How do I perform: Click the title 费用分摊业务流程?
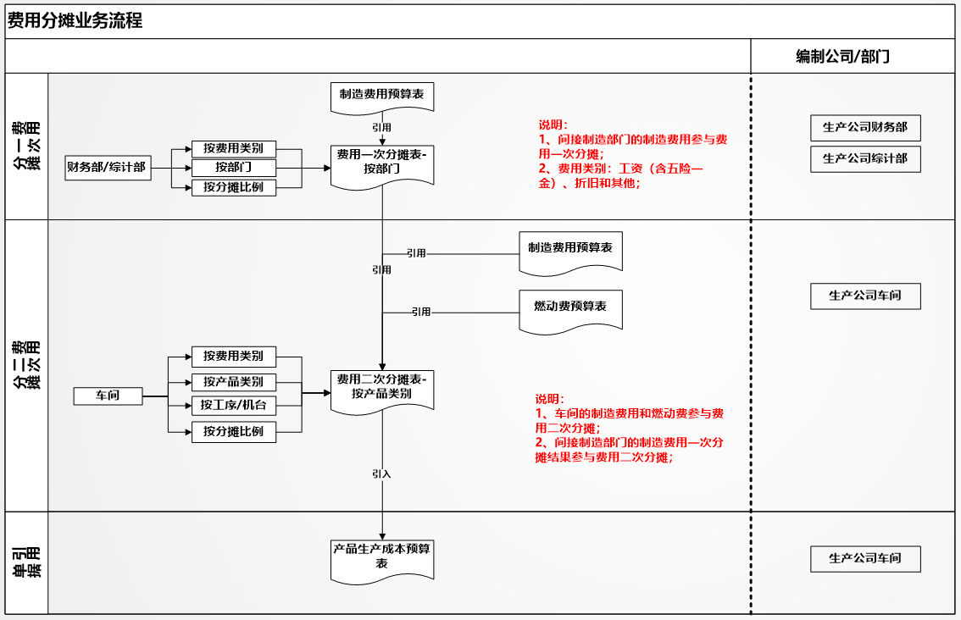[75, 21]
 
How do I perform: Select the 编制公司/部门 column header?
[842, 57]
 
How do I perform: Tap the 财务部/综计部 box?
[108, 167]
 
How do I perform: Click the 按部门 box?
[234, 167]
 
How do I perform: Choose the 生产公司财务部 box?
[865, 127]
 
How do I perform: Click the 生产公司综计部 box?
[865, 158]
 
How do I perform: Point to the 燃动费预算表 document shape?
[570, 312]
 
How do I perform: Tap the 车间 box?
[108, 396]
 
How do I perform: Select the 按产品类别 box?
[234, 382]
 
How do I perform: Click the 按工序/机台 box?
[234, 405]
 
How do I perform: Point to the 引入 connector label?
[381, 474]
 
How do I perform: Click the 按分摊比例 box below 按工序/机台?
[234, 432]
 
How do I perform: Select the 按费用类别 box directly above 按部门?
[234, 149]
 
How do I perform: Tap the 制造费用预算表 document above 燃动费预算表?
[570, 253]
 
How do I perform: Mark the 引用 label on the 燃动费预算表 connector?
[421, 312]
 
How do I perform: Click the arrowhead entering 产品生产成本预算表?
[382, 537]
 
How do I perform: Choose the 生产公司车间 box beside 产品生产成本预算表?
[865, 559]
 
